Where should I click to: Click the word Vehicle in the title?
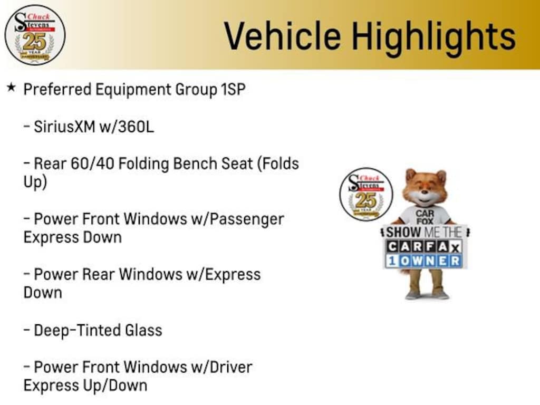283,35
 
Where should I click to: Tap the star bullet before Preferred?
11,88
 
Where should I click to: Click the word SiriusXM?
64,127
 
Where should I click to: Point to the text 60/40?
92,163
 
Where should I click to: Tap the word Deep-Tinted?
77,330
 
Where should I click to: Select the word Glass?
143,330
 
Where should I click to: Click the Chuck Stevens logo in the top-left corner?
35,35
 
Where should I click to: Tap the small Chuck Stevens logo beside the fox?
366,194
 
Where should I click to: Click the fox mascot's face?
425,189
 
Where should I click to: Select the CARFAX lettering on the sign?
423,246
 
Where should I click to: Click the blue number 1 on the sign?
392,261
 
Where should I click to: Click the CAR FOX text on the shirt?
425,217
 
